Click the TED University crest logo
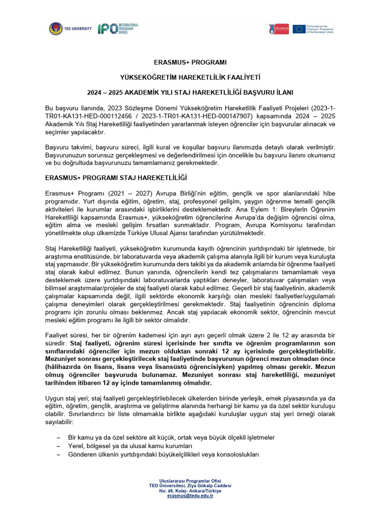point(56,29)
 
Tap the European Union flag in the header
point(299,29)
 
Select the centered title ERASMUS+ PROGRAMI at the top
point(190,62)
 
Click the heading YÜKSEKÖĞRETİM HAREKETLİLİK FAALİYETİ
point(190,78)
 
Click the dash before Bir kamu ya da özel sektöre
point(59,438)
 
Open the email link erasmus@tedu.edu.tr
point(190,496)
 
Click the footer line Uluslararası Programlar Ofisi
point(190,481)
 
